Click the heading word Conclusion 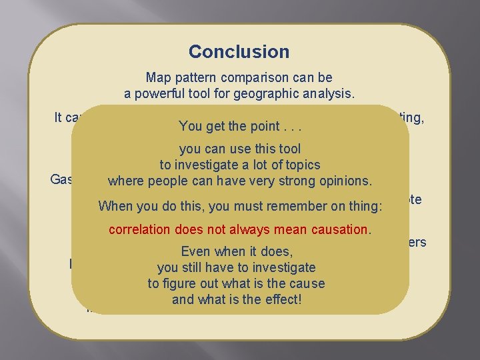tap(239, 51)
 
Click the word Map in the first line tap(158, 78)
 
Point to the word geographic tap(275, 94)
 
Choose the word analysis tap(331, 94)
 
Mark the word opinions tap(347, 181)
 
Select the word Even tap(195, 251)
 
